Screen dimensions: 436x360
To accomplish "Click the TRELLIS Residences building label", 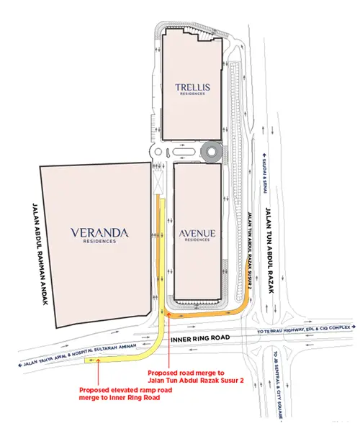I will (x=192, y=90).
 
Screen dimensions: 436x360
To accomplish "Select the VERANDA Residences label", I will (x=99, y=235).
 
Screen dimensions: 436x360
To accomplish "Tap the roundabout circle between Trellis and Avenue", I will (x=212, y=152).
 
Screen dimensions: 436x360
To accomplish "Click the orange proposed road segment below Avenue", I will (x=209, y=312).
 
